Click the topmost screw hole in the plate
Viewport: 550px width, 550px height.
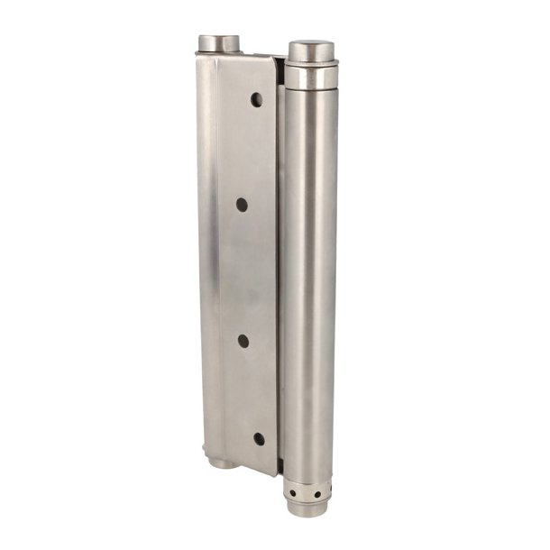coord(256,99)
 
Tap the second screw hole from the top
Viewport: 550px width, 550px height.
coord(242,205)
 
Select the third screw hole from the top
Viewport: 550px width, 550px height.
coord(243,340)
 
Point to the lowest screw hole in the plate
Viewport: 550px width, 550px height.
coord(259,438)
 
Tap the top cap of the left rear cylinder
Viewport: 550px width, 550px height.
coord(218,42)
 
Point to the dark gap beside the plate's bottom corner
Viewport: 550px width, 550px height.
coord(280,467)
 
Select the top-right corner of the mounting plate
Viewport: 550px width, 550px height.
coord(274,57)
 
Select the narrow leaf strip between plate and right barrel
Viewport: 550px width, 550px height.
coord(281,270)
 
